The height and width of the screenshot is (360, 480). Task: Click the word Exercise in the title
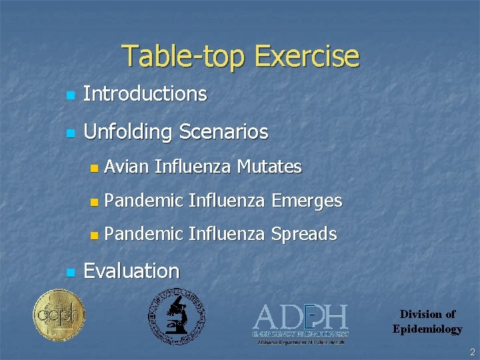(x=307, y=57)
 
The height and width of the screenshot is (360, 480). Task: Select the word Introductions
(x=145, y=94)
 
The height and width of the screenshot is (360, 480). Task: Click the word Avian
(x=127, y=167)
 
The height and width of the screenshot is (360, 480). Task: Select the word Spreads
(x=304, y=235)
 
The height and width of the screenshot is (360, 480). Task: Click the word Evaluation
(x=131, y=271)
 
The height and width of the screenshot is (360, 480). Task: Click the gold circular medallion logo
(x=59, y=315)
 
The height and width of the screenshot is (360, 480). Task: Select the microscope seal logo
(x=176, y=316)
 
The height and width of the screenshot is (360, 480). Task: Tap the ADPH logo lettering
(x=300, y=317)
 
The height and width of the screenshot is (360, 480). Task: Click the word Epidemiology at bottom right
(x=427, y=329)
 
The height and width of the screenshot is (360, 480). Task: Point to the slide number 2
(x=472, y=352)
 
